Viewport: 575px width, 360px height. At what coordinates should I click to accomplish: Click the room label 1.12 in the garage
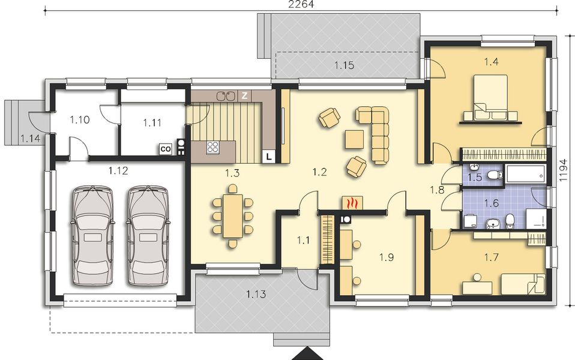click(x=118, y=171)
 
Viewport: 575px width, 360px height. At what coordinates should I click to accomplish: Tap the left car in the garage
click(x=92, y=236)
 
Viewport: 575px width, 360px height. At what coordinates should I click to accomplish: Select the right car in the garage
click(x=147, y=236)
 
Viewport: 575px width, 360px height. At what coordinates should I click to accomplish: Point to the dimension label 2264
click(x=301, y=5)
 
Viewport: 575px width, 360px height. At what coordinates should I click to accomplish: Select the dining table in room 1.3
click(x=232, y=214)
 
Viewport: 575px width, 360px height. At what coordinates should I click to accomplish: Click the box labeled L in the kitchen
click(x=269, y=157)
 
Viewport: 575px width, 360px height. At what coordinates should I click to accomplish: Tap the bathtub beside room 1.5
click(x=526, y=175)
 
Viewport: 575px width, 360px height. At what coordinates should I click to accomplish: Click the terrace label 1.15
click(x=344, y=65)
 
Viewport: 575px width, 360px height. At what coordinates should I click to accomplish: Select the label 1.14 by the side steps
click(x=29, y=139)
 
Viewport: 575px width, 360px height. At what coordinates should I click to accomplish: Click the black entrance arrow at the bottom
click(x=308, y=353)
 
